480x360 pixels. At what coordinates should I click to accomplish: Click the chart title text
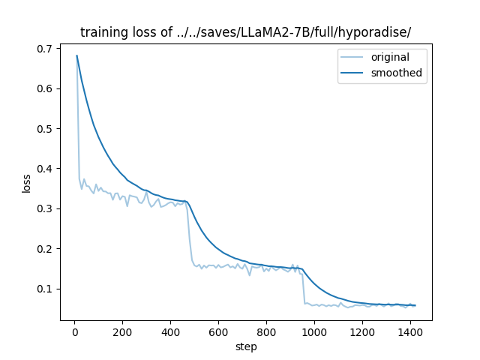tap(245, 32)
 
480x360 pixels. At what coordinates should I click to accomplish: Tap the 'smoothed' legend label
tap(396, 73)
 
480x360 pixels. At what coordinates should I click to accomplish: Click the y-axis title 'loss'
tap(26, 183)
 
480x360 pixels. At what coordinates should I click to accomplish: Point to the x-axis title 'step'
tap(246, 346)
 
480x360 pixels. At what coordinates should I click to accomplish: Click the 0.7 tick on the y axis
tap(46, 49)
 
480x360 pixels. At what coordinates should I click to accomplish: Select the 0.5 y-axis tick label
tap(46, 129)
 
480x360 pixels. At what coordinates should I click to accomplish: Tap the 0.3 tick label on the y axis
tap(46, 208)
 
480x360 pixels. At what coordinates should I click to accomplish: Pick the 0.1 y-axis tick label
tap(46, 289)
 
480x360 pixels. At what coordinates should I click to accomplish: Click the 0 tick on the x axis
tap(74, 332)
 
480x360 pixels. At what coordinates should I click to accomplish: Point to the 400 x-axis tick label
tap(170, 332)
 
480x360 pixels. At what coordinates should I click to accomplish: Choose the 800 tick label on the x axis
tap(266, 332)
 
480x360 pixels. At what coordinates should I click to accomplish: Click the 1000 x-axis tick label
tap(314, 332)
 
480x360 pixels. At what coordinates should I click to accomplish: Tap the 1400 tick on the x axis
tap(410, 332)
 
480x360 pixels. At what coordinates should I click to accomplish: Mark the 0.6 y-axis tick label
tap(46, 88)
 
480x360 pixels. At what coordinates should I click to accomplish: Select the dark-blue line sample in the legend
tap(350, 73)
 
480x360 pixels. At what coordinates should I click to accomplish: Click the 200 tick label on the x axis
tap(122, 332)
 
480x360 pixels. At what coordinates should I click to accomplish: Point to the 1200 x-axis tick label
tap(362, 332)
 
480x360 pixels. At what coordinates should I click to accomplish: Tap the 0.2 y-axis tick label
tap(46, 249)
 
